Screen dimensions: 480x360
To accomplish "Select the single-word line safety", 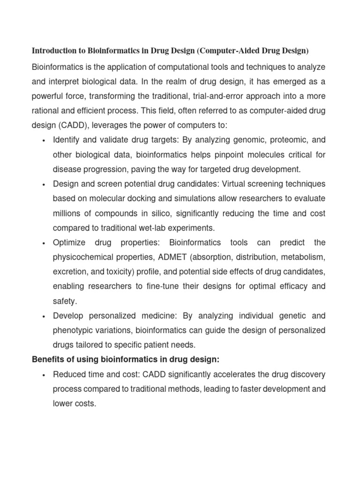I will tap(65, 301).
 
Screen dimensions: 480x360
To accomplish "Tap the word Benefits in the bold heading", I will tap(49, 360).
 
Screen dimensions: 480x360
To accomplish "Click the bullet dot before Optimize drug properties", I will tap(43, 243).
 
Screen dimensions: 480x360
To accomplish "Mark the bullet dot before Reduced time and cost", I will tap(43, 375).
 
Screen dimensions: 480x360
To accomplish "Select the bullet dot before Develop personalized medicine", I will tap(43, 316).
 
